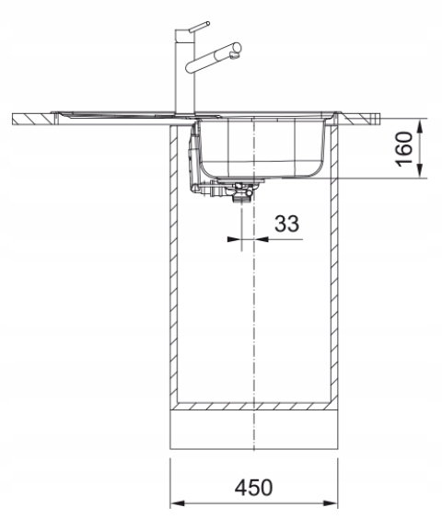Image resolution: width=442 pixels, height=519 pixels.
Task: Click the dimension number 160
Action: pyautogui.click(x=404, y=149)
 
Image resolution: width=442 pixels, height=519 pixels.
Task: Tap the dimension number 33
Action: pyautogui.click(x=287, y=224)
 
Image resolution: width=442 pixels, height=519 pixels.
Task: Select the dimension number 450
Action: pyautogui.click(x=253, y=487)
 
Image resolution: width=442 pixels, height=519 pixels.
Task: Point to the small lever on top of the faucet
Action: pyautogui.click(x=199, y=27)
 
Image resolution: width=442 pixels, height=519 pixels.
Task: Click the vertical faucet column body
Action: pyautogui.click(x=185, y=76)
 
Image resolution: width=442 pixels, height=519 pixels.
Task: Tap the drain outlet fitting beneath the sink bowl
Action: pyautogui.click(x=241, y=192)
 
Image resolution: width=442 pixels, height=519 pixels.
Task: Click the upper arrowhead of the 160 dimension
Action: pyautogui.click(x=420, y=126)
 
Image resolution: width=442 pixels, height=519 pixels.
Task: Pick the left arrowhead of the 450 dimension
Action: pyautogui.click(x=178, y=503)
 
